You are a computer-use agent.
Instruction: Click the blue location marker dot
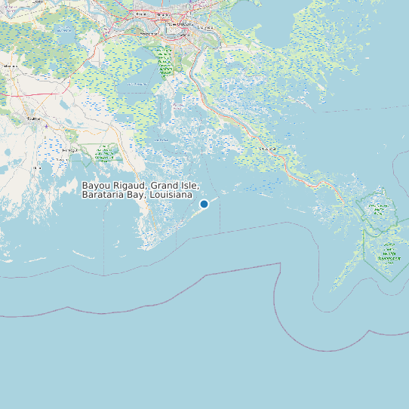[x=204, y=204]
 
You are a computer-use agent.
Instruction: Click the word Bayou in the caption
[x=96, y=186]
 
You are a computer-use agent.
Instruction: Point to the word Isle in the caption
[x=190, y=186]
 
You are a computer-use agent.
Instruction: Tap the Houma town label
[x=33, y=118]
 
